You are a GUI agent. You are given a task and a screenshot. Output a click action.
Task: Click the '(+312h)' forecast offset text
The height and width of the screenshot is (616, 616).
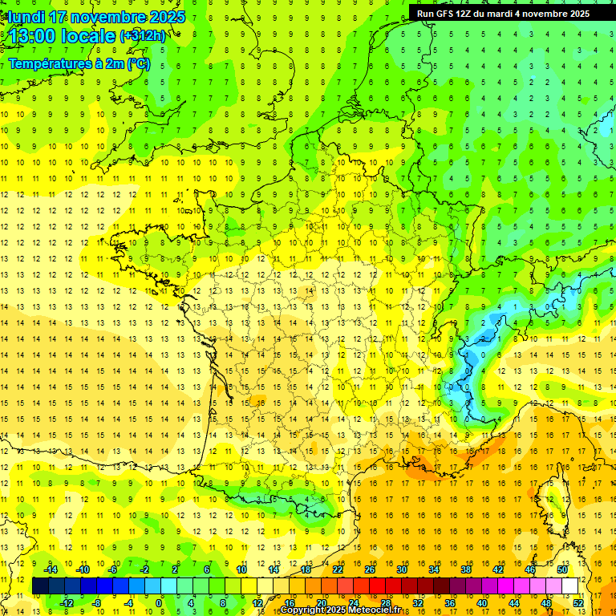[x=143, y=36]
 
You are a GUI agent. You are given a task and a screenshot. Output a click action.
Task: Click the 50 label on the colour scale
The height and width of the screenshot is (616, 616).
[x=561, y=569]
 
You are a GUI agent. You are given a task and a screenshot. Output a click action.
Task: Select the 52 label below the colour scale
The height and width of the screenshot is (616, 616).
[x=577, y=603]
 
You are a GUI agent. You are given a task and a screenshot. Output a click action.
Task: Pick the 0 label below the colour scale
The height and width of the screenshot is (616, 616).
[x=159, y=603]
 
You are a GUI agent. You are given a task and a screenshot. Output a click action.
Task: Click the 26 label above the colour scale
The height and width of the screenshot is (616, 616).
[x=370, y=569]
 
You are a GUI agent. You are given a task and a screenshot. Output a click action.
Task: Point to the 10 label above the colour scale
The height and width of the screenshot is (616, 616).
[x=241, y=569]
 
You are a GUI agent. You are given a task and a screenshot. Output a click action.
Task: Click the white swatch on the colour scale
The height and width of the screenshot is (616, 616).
[x=569, y=586]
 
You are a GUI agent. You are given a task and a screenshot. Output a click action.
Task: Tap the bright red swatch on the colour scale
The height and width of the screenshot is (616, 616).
[x=377, y=586]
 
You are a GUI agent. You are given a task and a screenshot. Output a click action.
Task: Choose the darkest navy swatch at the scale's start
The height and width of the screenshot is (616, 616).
[x=40, y=586]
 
